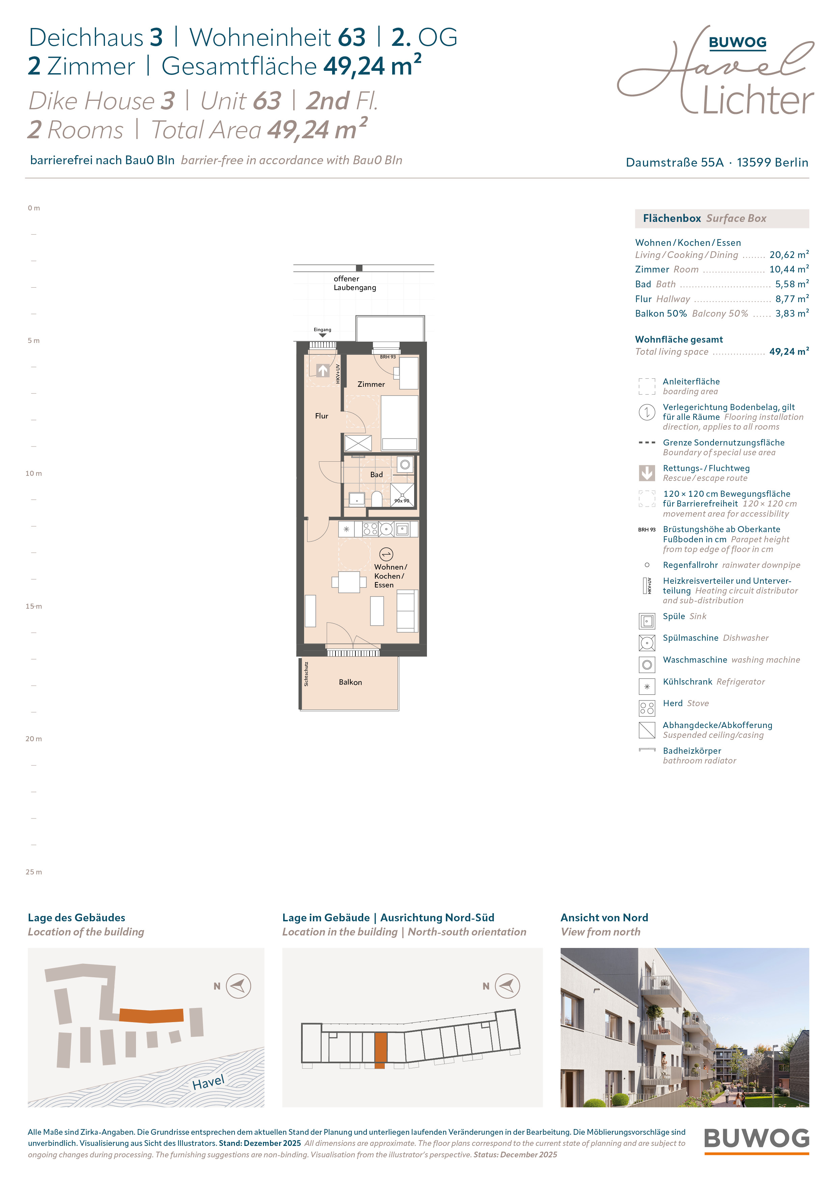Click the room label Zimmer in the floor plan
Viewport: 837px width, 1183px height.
click(371, 384)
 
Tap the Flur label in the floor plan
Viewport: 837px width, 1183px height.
click(321, 416)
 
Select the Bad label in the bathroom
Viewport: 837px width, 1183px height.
click(376, 474)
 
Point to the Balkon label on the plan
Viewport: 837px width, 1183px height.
click(350, 682)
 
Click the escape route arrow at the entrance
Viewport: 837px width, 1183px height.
click(323, 370)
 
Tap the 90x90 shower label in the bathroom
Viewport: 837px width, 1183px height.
click(402, 501)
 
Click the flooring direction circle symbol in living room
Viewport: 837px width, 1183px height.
click(386, 554)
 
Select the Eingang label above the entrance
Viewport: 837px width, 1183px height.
click(322, 330)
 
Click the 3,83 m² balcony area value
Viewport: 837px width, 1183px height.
click(792, 313)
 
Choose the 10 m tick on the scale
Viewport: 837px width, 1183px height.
click(33, 473)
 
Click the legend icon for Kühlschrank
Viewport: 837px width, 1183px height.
click(647, 686)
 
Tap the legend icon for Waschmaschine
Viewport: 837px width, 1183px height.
click(647, 665)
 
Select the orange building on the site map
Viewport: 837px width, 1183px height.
click(151, 1015)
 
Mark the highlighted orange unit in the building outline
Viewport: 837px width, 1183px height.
click(380, 1050)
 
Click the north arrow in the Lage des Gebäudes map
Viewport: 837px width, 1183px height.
click(238, 986)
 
